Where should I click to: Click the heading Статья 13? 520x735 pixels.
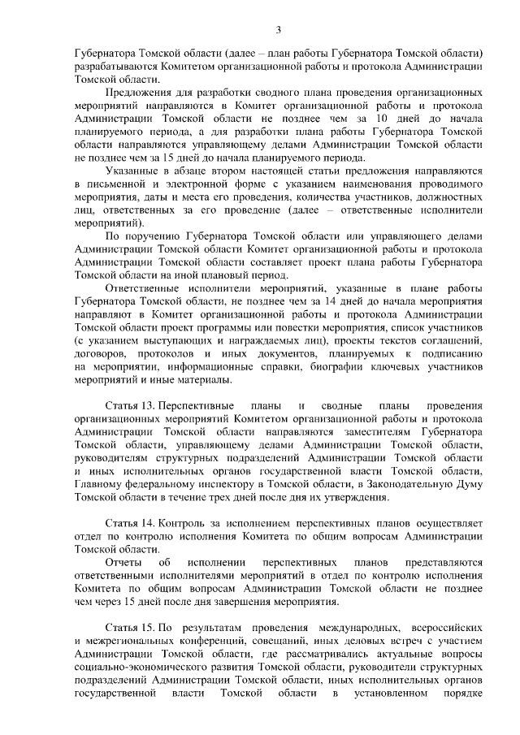pyautogui.click(x=130, y=405)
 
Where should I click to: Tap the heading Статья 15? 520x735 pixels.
pyautogui.click(x=130, y=629)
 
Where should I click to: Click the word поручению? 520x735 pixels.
pyautogui.click(x=152, y=236)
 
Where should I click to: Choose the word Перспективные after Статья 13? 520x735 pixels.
pyautogui.click(x=197, y=405)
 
